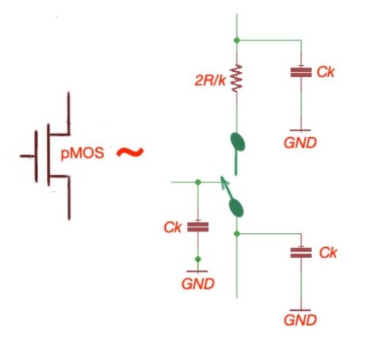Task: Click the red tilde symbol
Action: click(128, 153)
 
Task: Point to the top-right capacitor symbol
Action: click(300, 73)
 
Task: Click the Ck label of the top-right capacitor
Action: click(326, 72)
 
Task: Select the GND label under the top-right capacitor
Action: click(300, 142)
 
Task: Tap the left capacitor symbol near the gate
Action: click(197, 227)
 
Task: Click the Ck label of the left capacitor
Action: click(172, 227)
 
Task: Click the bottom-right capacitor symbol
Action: click(300, 253)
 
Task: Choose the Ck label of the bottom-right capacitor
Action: click(327, 252)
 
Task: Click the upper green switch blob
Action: click(237, 141)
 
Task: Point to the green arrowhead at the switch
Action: click(224, 180)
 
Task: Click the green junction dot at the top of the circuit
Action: click(236, 40)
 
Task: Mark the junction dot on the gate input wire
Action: click(197, 181)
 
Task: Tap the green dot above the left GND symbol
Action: click(197, 259)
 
